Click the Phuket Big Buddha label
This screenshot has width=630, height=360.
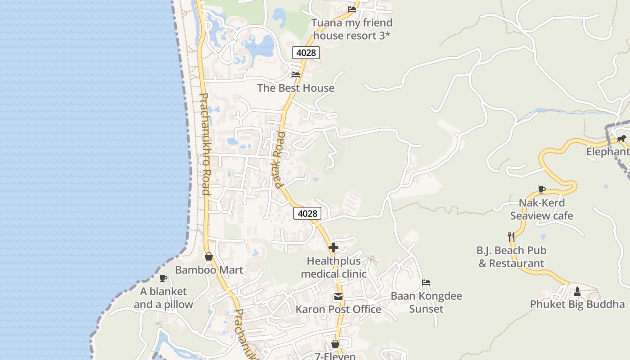point(577,304)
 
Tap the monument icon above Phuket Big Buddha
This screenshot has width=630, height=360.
point(577,292)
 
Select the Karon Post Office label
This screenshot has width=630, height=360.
point(338,309)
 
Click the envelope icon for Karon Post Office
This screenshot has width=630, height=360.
point(338,297)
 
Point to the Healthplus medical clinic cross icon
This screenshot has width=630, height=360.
point(333,247)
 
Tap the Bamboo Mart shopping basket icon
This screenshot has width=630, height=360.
point(209,257)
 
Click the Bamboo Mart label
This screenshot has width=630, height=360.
point(209,270)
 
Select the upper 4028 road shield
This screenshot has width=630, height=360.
point(306,53)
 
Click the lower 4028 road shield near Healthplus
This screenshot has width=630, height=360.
point(308,213)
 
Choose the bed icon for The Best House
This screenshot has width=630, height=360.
point(296,74)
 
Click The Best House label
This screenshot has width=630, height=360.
point(296,88)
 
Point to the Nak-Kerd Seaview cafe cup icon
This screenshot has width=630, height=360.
point(542,189)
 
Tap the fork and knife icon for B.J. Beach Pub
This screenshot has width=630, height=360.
point(511,237)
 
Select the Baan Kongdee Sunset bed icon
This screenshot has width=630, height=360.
point(426,283)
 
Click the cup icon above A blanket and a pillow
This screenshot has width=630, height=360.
point(163,278)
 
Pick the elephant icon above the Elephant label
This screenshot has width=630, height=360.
point(622,138)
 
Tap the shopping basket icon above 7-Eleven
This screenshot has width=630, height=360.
point(335,344)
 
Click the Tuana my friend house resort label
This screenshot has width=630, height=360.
point(352,29)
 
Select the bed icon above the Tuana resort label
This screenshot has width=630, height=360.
point(352,9)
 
